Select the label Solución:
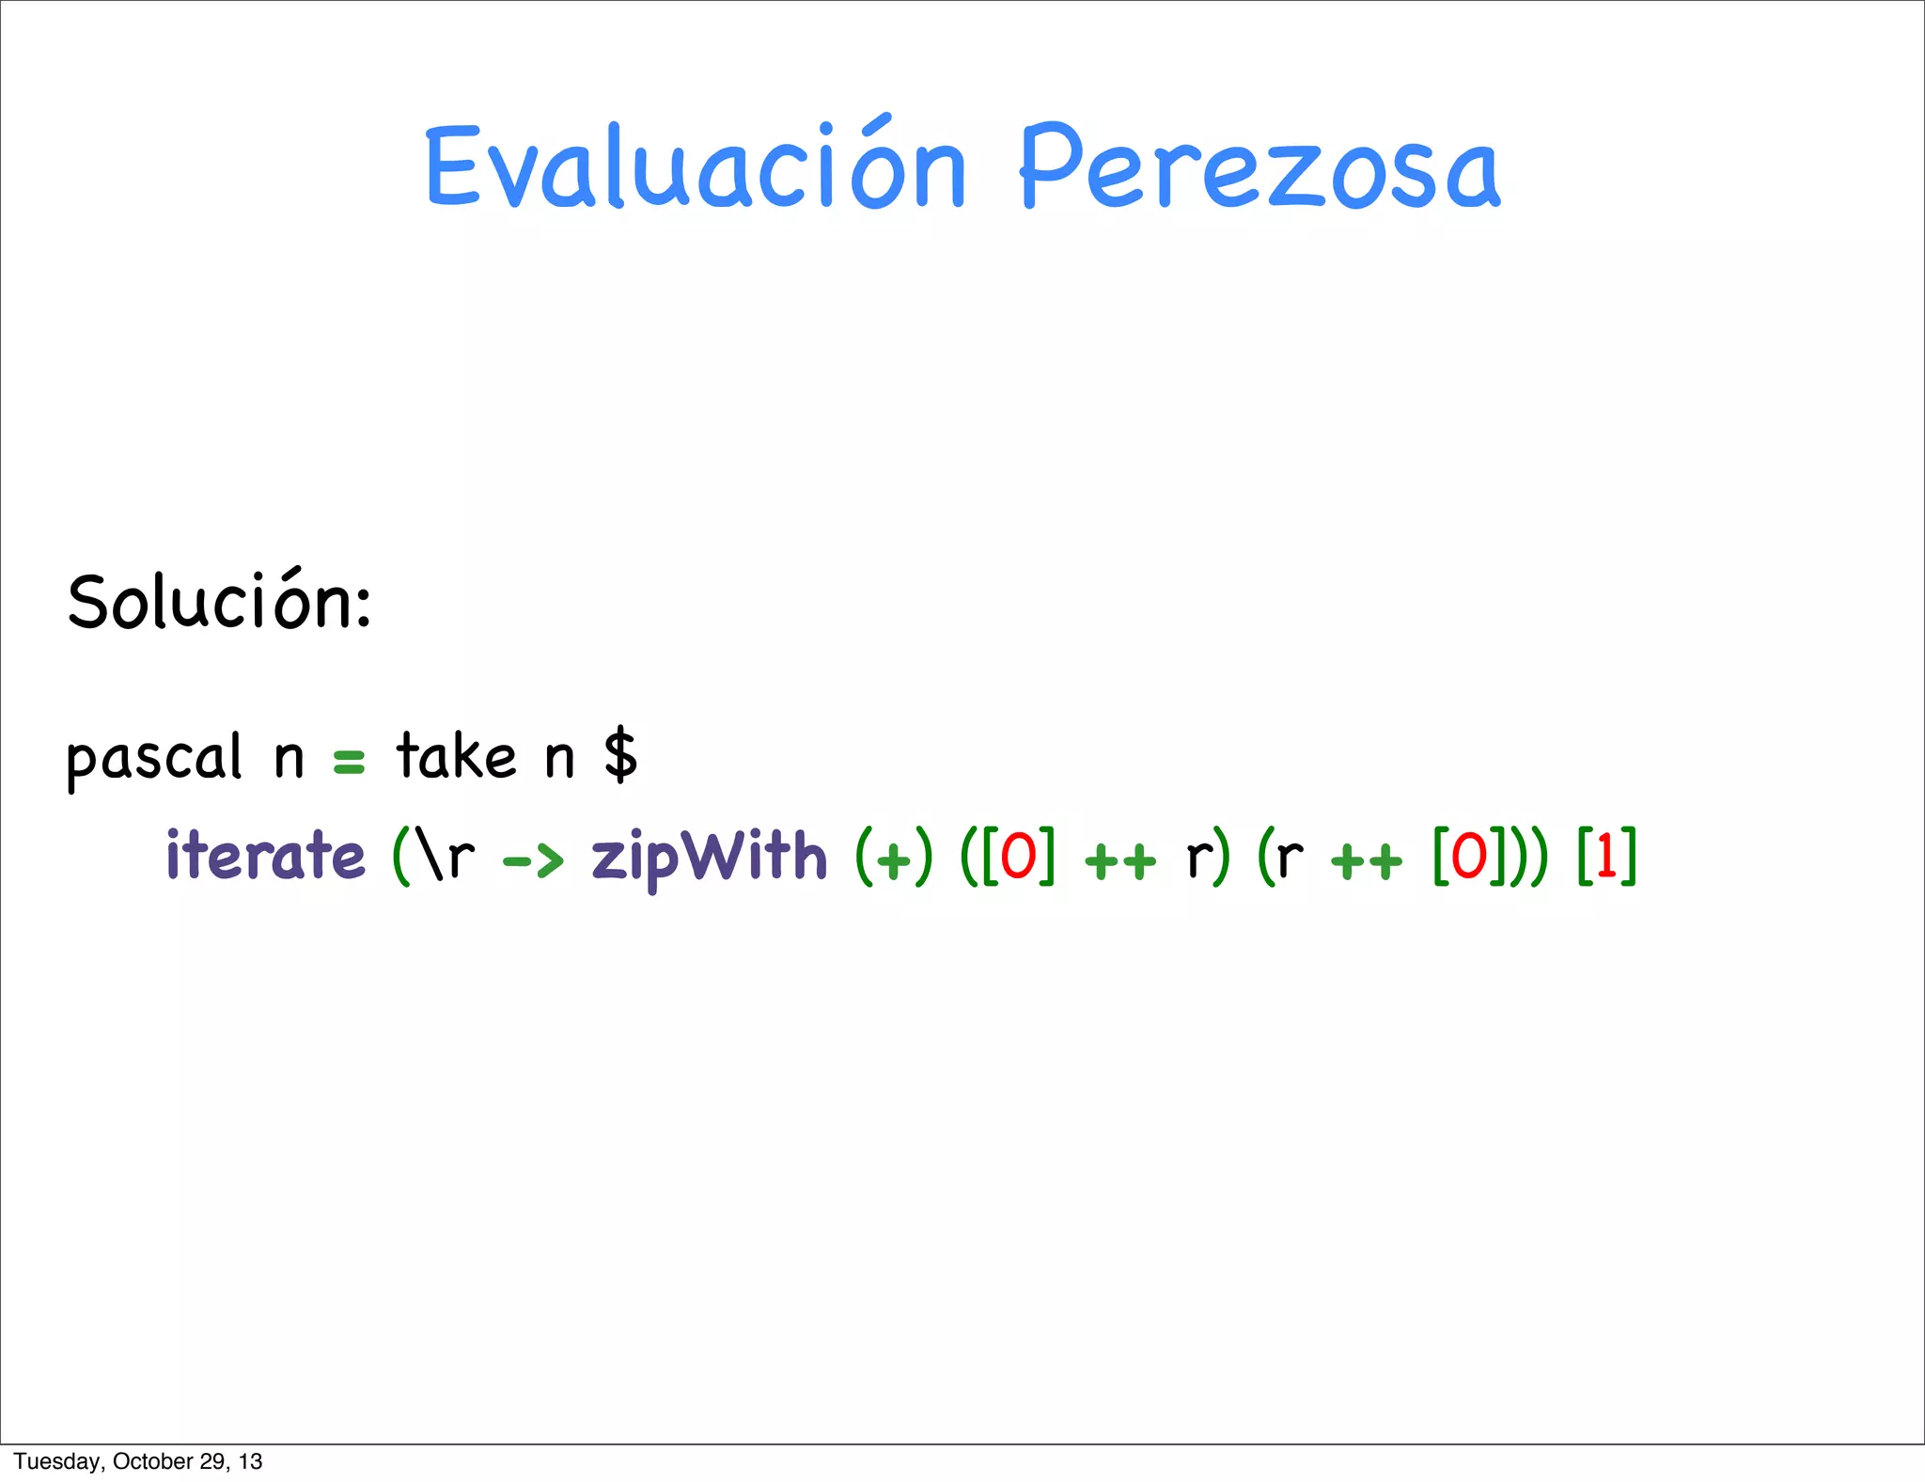(220, 602)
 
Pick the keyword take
(456, 756)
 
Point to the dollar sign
(620, 756)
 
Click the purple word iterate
(265, 856)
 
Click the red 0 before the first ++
(1018, 857)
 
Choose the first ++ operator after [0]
(1120, 860)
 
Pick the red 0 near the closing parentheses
(1469, 857)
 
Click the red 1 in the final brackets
(1606, 857)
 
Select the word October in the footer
(152, 1461)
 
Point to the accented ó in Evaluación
(872, 169)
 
